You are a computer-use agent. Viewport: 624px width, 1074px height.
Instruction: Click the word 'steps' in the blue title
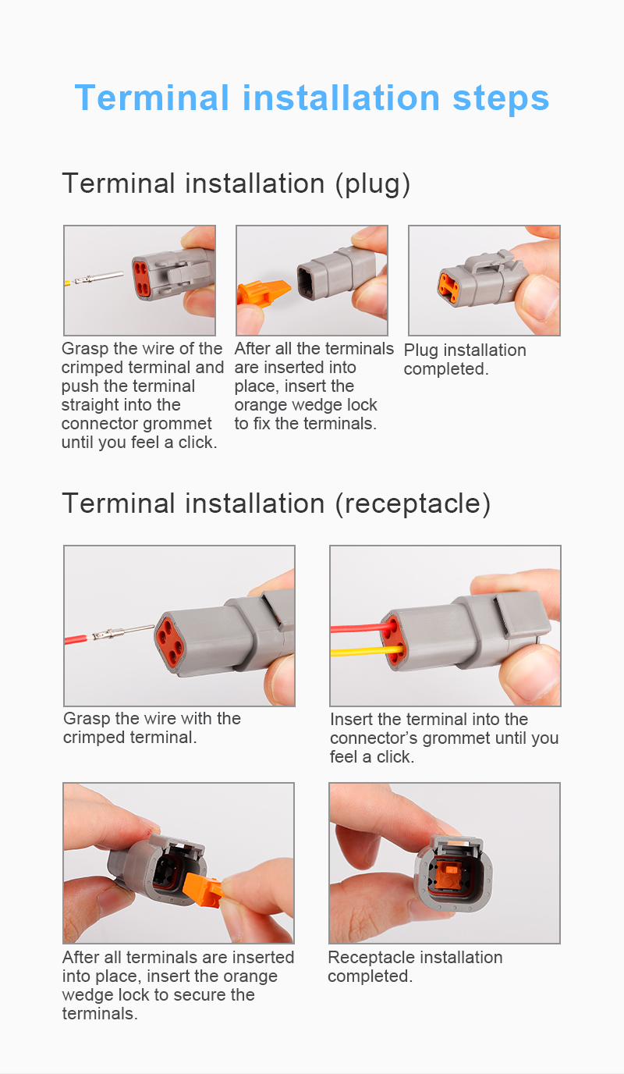(501, 98)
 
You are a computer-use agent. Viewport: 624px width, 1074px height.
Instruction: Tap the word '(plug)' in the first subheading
(372, 184)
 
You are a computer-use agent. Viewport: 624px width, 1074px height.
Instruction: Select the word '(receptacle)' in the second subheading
(413, 504)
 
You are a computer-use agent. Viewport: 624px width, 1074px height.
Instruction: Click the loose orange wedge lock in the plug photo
(264, 292)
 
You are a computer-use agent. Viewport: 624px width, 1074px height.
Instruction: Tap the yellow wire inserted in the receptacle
(367, 651)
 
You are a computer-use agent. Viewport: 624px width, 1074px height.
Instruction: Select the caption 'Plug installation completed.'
(465, 360)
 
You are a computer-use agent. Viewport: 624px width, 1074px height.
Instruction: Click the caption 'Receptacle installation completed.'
(415, 966)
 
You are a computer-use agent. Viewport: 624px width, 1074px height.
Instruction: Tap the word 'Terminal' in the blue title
(152, 98)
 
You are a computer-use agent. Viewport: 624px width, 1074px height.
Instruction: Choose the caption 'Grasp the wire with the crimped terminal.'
(152, 727)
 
